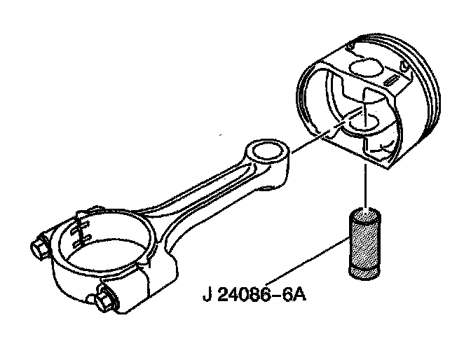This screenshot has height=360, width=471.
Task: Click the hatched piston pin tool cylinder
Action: coord(366,244)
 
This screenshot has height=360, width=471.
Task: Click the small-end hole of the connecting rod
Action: coord(266,151)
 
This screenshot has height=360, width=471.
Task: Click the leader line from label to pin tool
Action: coord(308,263)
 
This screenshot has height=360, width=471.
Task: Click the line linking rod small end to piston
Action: coord(308,144)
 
